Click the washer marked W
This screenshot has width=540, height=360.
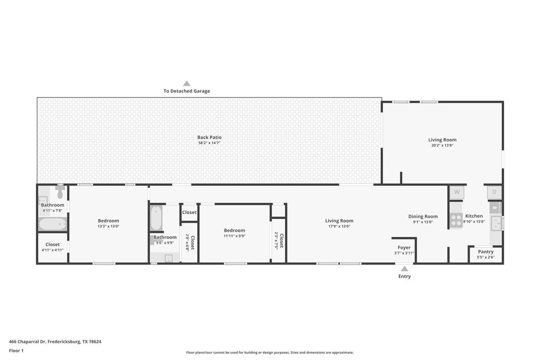coord(457,192)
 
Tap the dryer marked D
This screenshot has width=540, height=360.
coord(494,192)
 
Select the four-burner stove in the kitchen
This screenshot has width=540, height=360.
coord(456,220)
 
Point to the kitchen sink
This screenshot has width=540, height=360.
coord(496,223)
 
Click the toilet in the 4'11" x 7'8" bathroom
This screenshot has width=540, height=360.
coord(60,193)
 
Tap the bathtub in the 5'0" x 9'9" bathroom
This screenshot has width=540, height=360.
coord(156,218)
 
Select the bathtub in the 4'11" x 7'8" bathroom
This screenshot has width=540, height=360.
coord(53,224)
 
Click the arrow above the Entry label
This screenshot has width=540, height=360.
coord(404,269)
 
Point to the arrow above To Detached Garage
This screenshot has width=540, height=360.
coord(187,83)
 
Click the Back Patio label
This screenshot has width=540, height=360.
coord(209,137)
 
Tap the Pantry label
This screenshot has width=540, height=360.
coord(486,252)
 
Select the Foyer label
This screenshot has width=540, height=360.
coord(404,247)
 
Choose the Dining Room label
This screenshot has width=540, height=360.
coord(423,216)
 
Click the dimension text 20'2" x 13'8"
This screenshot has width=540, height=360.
coord(442,145)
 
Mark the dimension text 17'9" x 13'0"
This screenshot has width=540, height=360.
coord(339,226)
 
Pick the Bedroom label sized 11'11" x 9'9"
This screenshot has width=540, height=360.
coord(234,230)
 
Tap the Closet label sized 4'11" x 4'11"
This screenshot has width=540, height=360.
coord(53,245)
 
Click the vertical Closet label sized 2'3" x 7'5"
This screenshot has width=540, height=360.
coord(282,241)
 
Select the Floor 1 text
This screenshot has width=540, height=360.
coord(16,350)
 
